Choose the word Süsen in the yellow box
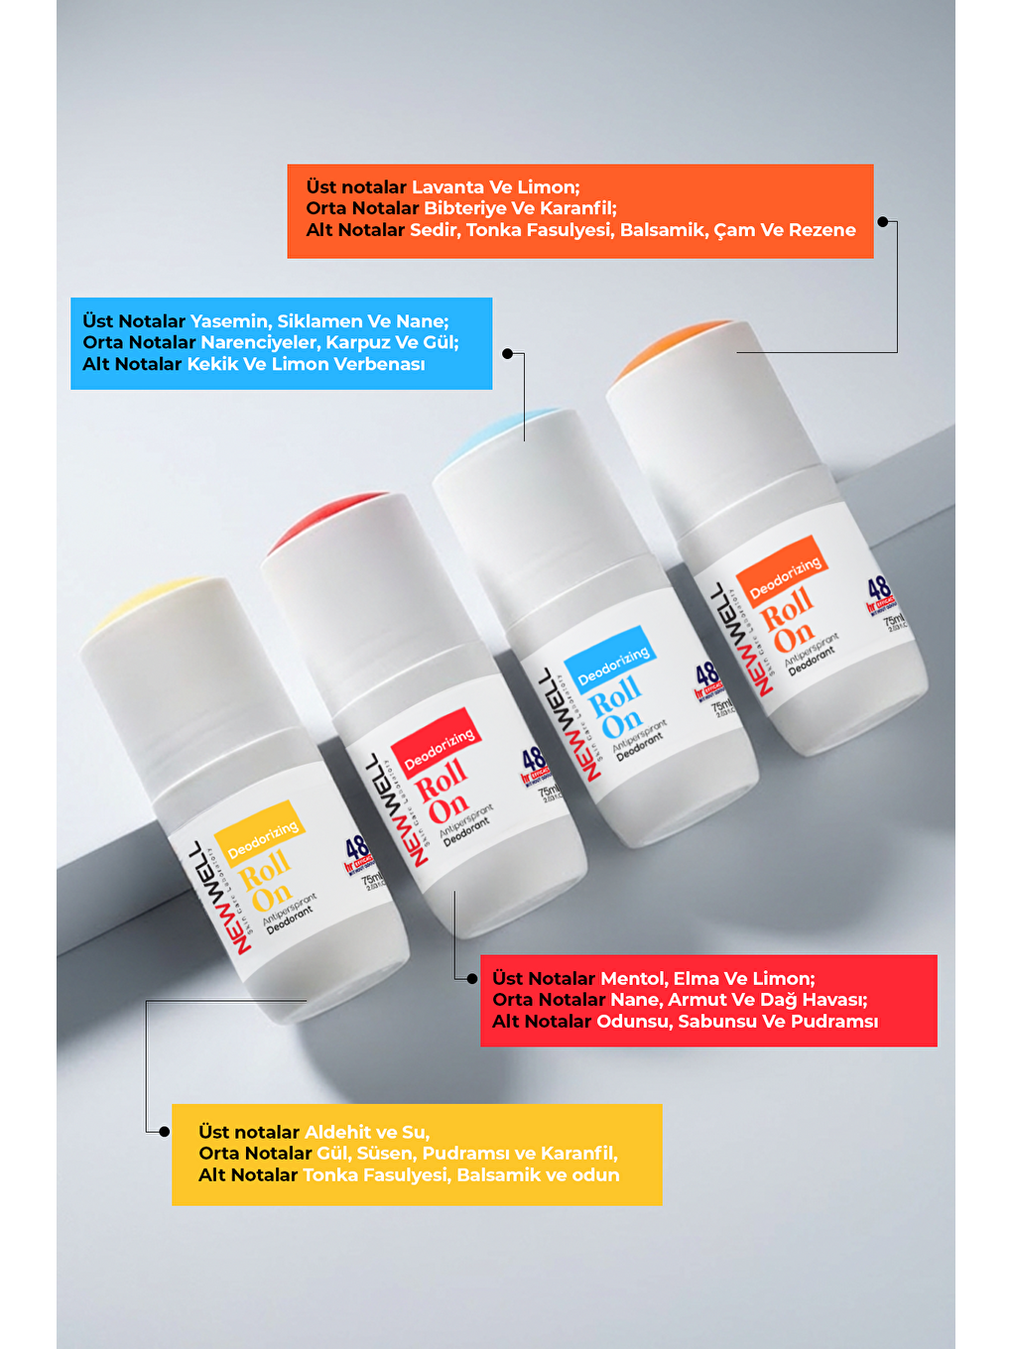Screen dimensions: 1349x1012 point(384,1154)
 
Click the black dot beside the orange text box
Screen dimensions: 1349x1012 point(882,222)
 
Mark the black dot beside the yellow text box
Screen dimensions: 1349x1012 point(164,1132)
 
